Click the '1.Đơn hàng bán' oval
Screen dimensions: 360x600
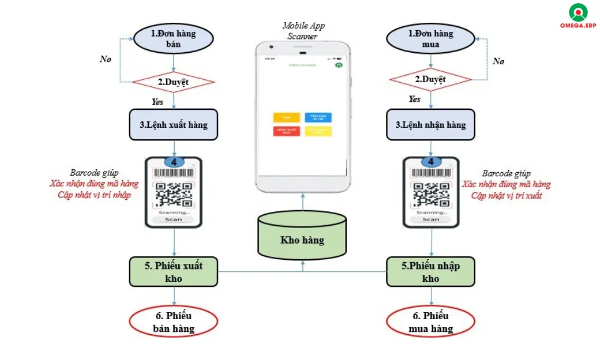point(173,38)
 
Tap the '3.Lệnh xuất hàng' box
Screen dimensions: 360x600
point(173,125)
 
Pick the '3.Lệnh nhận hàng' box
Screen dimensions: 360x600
point(431,125)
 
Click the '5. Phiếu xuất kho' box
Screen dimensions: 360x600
point(174,271)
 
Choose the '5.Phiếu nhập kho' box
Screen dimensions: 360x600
point(430,271)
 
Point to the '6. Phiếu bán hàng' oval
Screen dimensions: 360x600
point(173,322)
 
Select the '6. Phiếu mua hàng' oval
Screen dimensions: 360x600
point(430,322)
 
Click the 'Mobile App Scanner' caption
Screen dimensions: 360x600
point(302,31)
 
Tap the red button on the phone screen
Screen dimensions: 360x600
point(286,130)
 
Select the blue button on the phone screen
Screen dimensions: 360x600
point(317,118)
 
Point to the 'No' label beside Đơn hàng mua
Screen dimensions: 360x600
point(498,61)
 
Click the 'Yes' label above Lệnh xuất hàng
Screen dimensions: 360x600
point(157,102)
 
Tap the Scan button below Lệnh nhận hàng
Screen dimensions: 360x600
point(430,219)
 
